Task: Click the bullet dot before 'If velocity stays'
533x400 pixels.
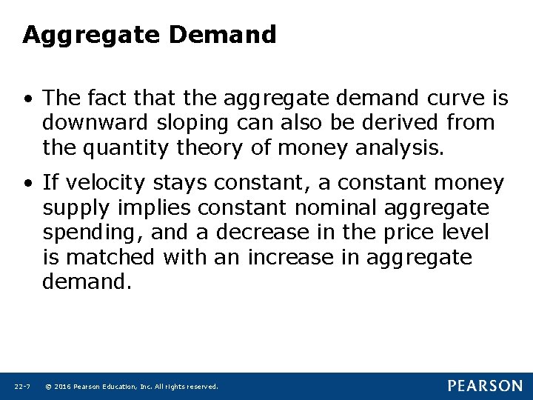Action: tap(27, 181)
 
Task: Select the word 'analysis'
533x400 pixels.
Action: tap(400, 148)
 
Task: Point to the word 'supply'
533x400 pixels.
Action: tap(73, 208)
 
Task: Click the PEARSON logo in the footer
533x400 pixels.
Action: tap(485, 386)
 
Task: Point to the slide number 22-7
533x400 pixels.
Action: tap(21, 387)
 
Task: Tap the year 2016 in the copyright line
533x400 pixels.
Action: tap(62, 387)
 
